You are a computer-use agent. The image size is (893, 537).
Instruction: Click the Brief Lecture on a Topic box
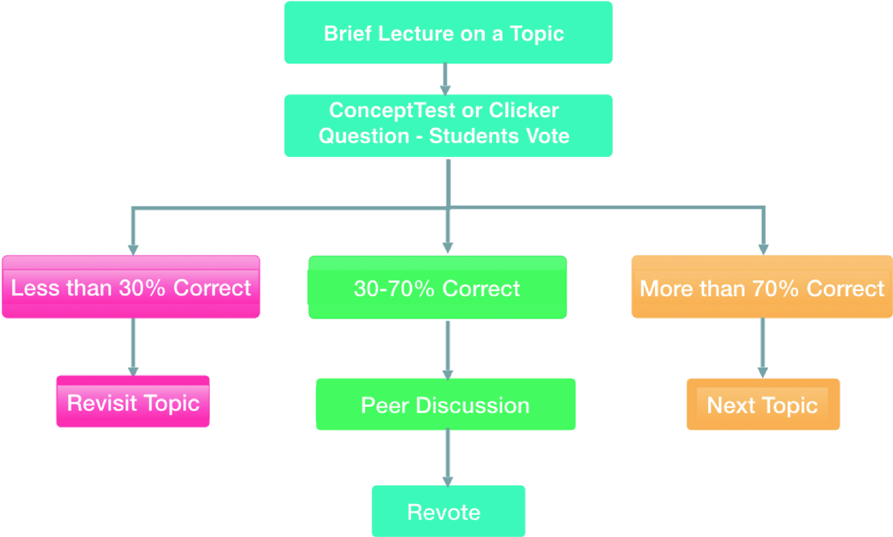[x=448, y=33]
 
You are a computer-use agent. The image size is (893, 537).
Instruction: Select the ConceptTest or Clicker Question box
[x=448, y=126]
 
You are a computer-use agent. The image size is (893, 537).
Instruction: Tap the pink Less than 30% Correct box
[x=131, y=287]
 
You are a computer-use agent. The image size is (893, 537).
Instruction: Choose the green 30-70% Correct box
[x=437, y=287]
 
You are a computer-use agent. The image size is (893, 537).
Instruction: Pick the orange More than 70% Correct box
[x=762, y=287]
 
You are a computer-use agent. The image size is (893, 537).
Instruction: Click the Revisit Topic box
[x=133, y=402]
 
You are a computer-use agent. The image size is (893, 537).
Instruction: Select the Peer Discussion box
[x=445, y=404]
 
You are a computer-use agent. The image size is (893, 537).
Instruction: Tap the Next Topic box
[x=763, y=404]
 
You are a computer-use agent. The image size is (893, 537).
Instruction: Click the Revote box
[x=448, y=511]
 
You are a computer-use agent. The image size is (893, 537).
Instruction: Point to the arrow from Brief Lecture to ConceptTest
[x=445, y=79]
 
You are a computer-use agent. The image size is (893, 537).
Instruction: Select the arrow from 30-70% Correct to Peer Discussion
[x=448, y=349]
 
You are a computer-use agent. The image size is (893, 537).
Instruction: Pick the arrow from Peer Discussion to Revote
[x=448, y=457]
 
